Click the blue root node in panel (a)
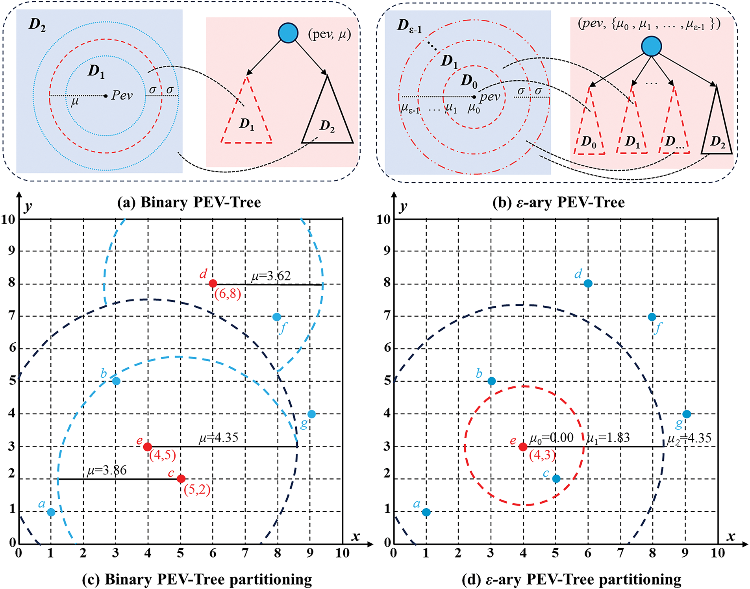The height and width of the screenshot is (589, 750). pyautogui.click(x=288, y=33)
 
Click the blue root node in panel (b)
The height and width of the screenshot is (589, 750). pyautogui.click(x=651, y=46)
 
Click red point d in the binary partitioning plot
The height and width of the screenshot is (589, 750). pyautogui.click(x=213, y=283)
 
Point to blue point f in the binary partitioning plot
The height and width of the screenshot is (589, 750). pyautogui.click(x=277, y=317)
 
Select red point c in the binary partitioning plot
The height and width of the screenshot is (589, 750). pyautogui.click(x=181, y=479)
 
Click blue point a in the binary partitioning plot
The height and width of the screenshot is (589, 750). pyautogui.click(x=51, y=512)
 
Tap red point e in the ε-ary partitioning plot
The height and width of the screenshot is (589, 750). pyautogui.click(x=523, y=447)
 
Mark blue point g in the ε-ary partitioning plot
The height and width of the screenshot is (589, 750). pyautogui.click(x=687, y=414)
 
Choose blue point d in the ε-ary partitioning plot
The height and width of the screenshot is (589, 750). pyautogui.click(x=588, y=283)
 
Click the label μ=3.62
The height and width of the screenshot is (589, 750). pyautogui.click(x=271, y=276)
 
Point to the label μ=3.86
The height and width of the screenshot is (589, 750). pyautogui.click(x=107, y=470)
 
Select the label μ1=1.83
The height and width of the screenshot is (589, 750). pyautogui.click(x=608, y=438)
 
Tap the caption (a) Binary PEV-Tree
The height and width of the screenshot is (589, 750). pyautogui.click(x=189, y=202)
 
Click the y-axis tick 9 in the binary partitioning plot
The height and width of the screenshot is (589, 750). pyautogui.click(x=12, y=251)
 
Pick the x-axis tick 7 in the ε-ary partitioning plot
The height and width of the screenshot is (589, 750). pyautogui.click(x=620, y=553)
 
